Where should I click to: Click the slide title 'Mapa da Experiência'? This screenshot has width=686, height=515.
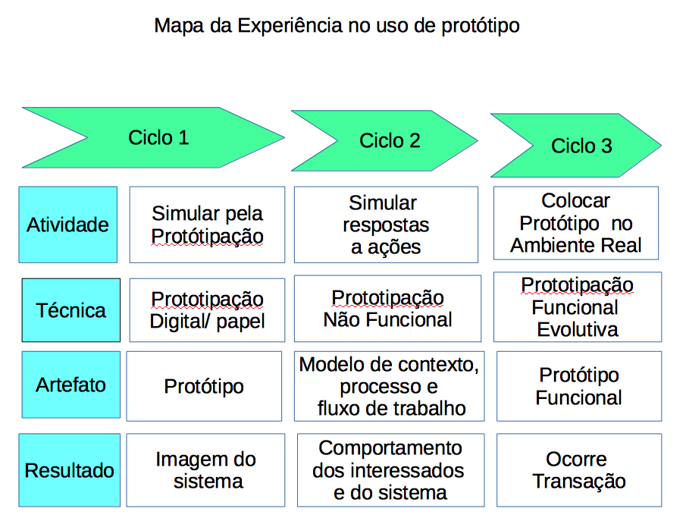pyautogui.click(x=337, y=25)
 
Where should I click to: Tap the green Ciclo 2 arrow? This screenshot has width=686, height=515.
pyautogui.click(x=387, y=140)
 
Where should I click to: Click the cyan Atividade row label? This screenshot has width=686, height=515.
pyautogui.click(x=67, y=225)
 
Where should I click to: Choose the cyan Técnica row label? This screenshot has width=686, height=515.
pyautogui.click(x=70, y=309)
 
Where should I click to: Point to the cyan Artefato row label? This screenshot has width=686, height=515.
pyautogui.click(x=70, y=385)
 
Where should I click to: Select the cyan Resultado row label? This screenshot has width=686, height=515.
pyautogui.click(x=69, y=470)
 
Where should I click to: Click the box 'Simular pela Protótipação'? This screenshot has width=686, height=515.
pyautogui.click(x=207, y=225)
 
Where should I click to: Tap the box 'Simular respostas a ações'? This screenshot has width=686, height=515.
pyautogui.click(x=386, y=225)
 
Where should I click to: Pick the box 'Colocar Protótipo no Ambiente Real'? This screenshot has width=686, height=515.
pyautogui.click(x=576, y=223)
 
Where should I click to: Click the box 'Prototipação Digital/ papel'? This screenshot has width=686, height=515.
pyautogui.click(x=207, y=309)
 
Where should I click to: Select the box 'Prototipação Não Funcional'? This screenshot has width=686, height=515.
pyautogui.click(x=387, y=309)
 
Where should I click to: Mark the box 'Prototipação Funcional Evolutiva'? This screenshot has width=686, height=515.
pyautogui.click(x=577, y=306)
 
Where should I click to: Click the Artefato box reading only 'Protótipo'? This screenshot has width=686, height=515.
pyautogui.click(x=205, y=386)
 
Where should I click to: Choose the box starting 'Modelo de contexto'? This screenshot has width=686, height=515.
pyautogui.click(x=389, y=386)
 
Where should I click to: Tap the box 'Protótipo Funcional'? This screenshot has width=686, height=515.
pyautogui.click(x=578, y=386)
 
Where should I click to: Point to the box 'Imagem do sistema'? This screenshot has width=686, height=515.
pyautogui.click(x=205, y=469)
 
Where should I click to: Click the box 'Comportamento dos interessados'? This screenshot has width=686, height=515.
pyautogui.click(x=390, y=469)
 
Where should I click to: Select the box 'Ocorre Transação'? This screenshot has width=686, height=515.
pyautogui.click(x=578, y=469)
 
